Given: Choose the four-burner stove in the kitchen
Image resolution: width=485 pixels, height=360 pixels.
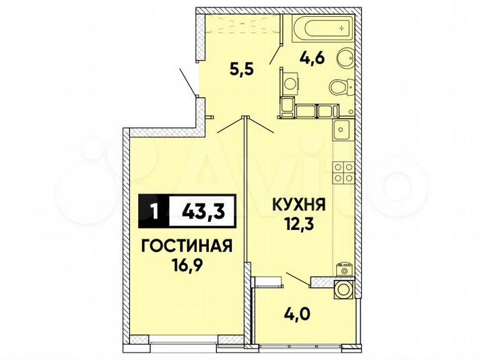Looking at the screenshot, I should [344, 172].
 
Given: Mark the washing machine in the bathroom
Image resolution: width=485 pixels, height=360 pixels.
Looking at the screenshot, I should [291, 85].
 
